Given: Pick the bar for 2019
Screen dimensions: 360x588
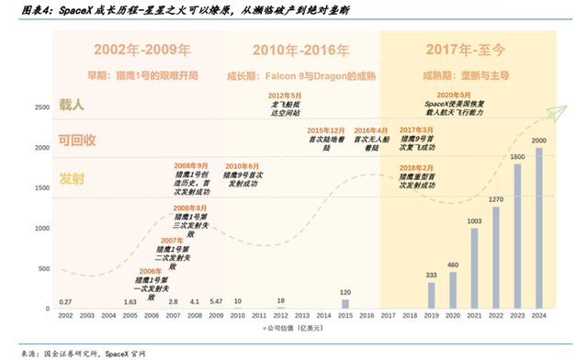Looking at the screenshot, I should coord(430,294).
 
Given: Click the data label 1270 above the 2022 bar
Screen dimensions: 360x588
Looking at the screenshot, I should coord(496,198).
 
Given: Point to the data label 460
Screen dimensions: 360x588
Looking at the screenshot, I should coord(452,265).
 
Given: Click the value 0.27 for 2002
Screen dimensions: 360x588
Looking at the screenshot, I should coord(64,301).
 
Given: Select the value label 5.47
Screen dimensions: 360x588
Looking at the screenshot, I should coord(216,301).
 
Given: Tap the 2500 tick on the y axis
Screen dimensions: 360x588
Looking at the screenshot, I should coord(42,108).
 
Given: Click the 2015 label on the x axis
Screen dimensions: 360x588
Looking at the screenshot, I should coord(345,315).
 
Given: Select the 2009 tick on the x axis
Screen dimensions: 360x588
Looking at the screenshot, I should coord(216,315).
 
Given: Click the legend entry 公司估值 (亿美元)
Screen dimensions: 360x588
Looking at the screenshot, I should coord(295,328).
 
